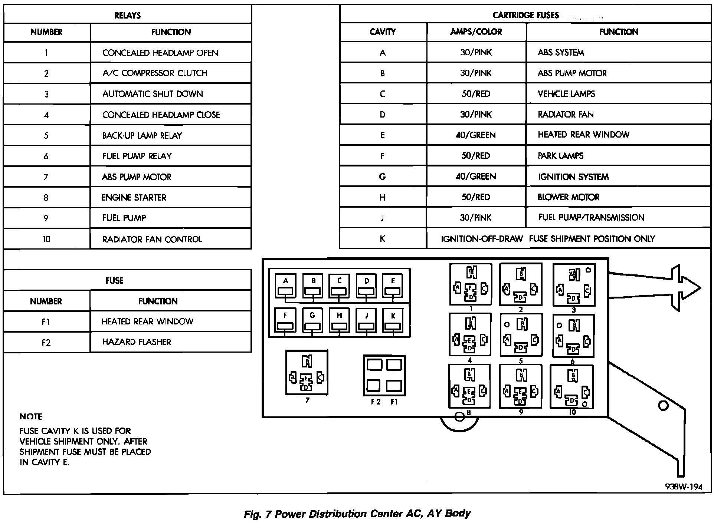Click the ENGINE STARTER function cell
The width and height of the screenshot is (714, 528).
tap(134, 198)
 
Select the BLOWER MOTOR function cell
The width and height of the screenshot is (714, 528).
tap(568, 197)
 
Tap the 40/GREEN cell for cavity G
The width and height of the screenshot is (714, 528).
tap(475, 176)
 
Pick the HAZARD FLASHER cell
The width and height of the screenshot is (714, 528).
tap(137, 342)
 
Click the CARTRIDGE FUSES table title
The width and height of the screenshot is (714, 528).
tap(525, 15)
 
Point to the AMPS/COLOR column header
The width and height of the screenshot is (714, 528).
tap(476, 32)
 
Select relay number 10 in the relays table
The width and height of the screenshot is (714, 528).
tap(46, 239)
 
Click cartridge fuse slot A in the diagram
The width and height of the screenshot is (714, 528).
tap(285, 286)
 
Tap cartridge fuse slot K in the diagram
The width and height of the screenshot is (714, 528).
tap(393, 321)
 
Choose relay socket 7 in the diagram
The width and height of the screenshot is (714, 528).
tap(307, 373)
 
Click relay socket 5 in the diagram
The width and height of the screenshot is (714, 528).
tap(521, 335)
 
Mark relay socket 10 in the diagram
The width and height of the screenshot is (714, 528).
tap(572, 387)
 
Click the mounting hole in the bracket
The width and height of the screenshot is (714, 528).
tap(663, 406)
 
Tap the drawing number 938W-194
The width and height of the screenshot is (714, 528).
tap(684, 487)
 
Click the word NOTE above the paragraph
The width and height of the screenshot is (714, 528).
tap(31, 417)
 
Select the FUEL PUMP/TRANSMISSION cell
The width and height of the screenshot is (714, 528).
tap(591, 218)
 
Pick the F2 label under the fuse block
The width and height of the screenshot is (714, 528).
tap(376, 402)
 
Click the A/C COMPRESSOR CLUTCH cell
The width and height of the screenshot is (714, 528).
tap(155, 73)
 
